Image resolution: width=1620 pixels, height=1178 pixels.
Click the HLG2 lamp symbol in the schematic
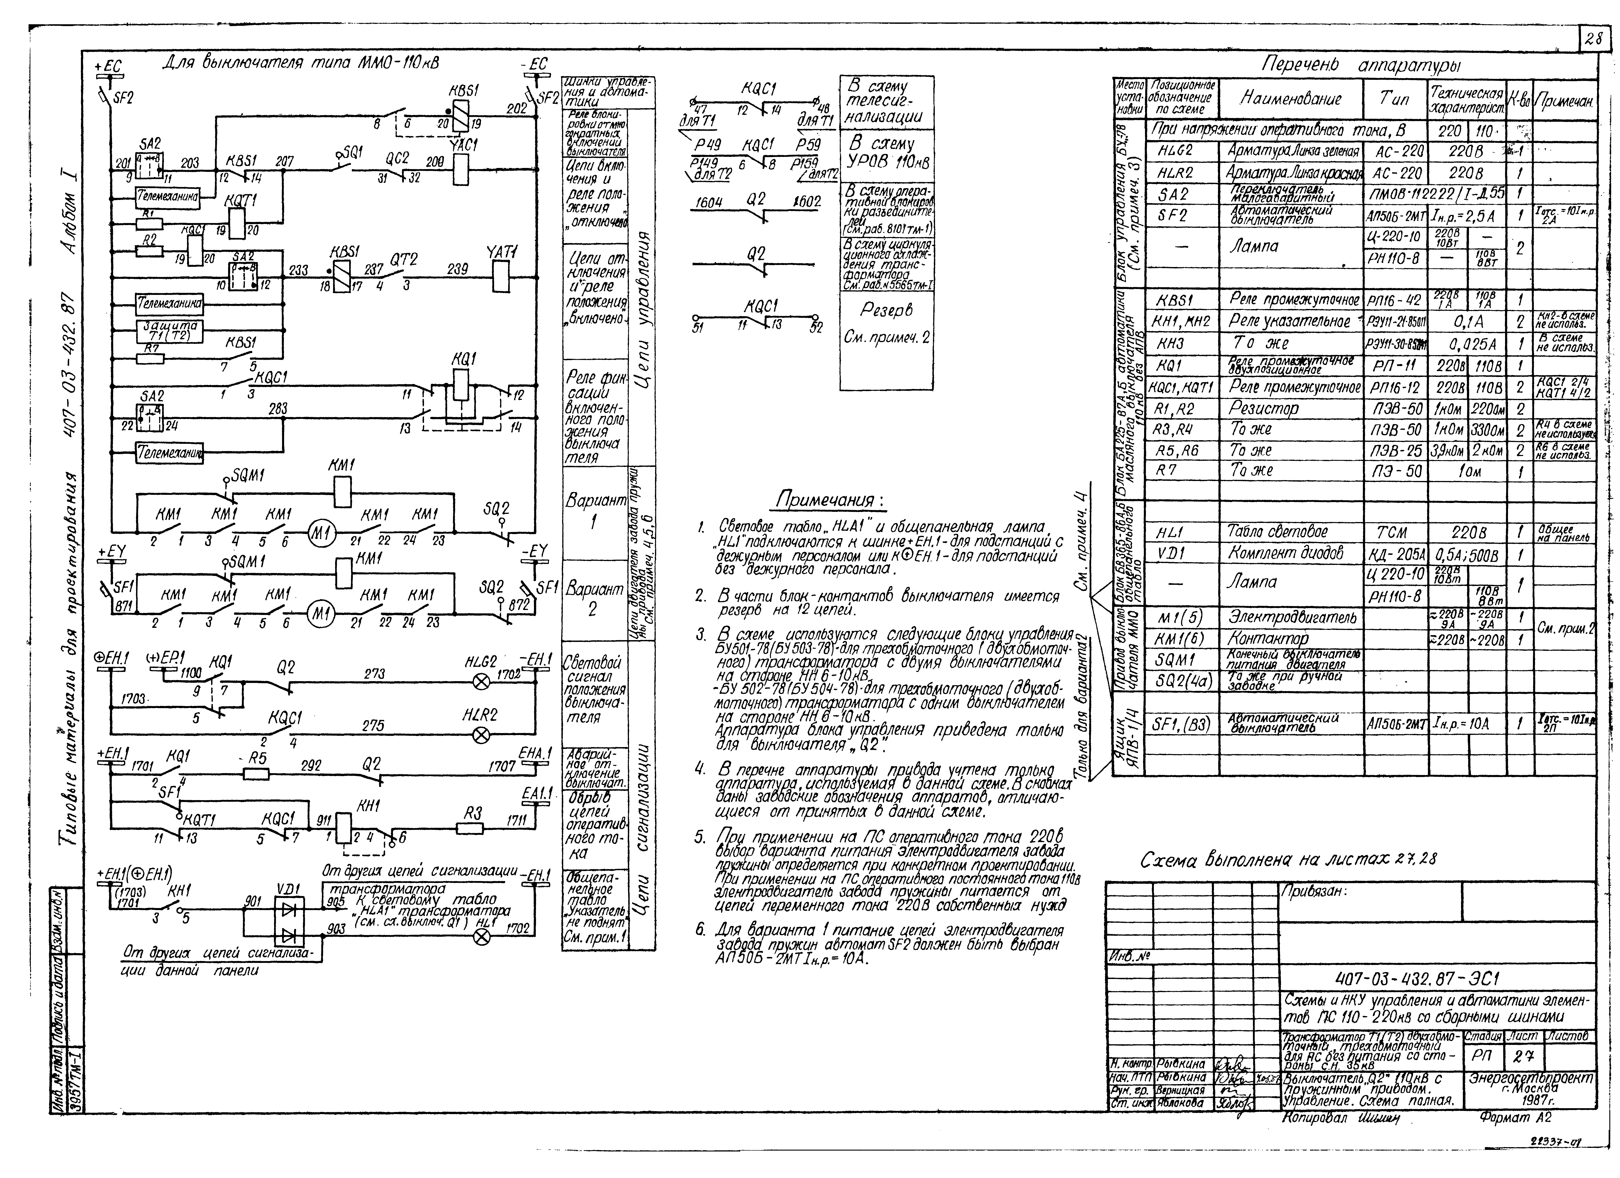(482, 682)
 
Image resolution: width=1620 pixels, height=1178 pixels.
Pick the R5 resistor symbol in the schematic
(256, 773)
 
